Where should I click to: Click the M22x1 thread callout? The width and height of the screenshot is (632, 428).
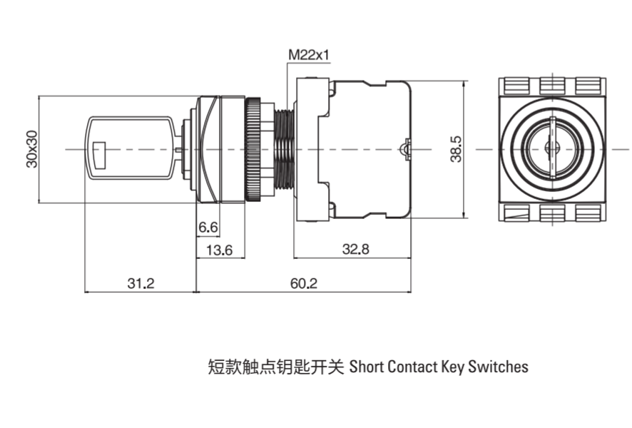pos(308,54)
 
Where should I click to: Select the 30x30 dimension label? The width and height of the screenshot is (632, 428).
pos(31,149)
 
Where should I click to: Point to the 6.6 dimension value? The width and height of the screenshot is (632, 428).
pos(208,228)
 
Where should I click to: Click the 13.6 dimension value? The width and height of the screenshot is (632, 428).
pos(218,250)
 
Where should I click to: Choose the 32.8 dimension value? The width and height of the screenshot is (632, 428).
pos(355,250)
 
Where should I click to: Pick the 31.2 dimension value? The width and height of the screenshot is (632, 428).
pos(141,283)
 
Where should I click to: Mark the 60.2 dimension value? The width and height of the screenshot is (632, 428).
pos(304,283)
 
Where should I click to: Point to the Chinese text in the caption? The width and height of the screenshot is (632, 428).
pos(275,367)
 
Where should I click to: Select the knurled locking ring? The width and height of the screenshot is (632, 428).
pos(253,149)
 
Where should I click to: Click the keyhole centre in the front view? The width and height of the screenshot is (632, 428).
pos(550,148)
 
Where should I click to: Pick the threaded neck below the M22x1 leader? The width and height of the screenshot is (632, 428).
pos(284,149)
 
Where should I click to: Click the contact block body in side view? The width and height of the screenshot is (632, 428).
pos(367,149)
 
